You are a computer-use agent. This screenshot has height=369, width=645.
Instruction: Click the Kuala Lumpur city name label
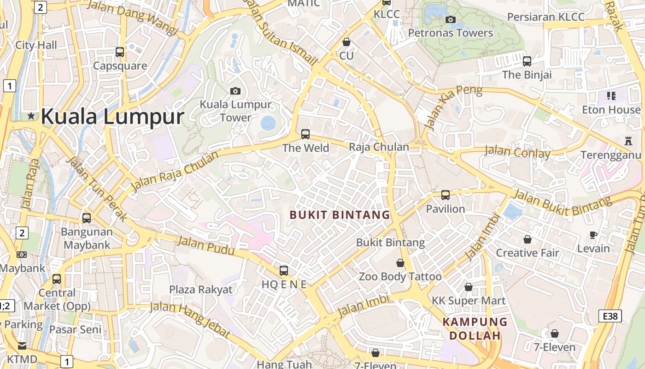tap(112, 116)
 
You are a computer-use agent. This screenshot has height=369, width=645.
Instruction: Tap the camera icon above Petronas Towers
tap(451, 19)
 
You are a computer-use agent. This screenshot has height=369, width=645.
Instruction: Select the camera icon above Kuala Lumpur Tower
tap(235, 91)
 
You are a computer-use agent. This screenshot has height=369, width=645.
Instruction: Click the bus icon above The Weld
tap(305, 134)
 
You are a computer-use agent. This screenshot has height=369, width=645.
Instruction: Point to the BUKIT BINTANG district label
tap(340, 214)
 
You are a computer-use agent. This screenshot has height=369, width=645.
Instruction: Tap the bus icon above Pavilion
tap(446, 195)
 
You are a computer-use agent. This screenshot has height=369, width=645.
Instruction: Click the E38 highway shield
tap(610, 316)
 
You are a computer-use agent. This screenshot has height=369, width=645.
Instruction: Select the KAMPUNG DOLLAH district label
tap(475, 328)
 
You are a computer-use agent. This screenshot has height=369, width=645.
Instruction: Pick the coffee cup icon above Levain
tap(593, 235)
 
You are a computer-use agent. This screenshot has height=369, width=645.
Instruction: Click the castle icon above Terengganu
tap(628, 141)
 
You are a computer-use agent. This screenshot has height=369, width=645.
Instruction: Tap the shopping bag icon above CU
tap(346, 42)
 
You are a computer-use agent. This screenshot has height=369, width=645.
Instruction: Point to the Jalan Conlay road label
tap(517, 151)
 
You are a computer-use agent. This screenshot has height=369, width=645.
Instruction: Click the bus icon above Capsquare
tap(120, 52)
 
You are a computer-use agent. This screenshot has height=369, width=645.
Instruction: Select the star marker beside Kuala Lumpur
tap(31, 116)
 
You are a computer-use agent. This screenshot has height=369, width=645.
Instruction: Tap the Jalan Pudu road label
tap(206, 245)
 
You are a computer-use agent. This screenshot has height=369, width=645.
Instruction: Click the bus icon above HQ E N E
tap(284, 271)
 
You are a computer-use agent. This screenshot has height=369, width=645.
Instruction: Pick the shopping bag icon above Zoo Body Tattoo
tap(400, 263)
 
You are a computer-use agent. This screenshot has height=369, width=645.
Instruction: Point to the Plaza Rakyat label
tap(201, 289)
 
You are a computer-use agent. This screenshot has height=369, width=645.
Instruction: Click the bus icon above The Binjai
tap(527, 61)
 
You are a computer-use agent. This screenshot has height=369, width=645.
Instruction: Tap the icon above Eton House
tap(611, 96)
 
